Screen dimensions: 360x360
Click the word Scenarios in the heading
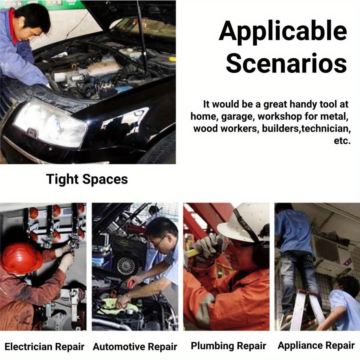click(286, 63)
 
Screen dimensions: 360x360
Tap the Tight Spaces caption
click(87, 179)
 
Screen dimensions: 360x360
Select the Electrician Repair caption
click(44, 347)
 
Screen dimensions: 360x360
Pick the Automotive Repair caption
click(135, 347)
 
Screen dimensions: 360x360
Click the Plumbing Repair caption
click(228, 346)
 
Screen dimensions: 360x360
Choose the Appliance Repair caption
click(316, 346)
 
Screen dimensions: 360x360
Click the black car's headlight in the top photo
click(50, 124)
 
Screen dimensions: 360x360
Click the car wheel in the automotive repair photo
click(126, 266)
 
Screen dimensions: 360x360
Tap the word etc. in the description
click(342, 140)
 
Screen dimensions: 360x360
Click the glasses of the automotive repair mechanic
click(159, 241)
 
